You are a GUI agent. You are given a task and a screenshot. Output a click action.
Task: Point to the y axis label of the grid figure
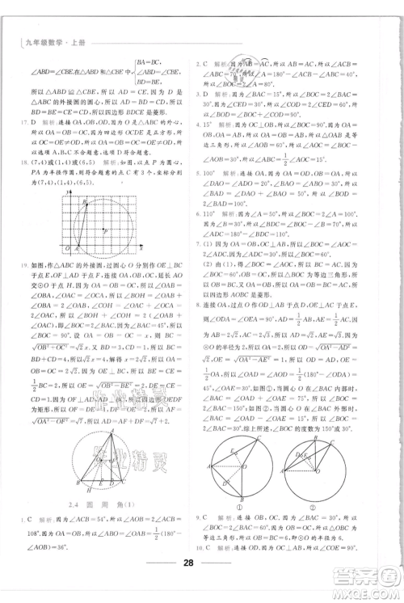coord(60,184)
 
